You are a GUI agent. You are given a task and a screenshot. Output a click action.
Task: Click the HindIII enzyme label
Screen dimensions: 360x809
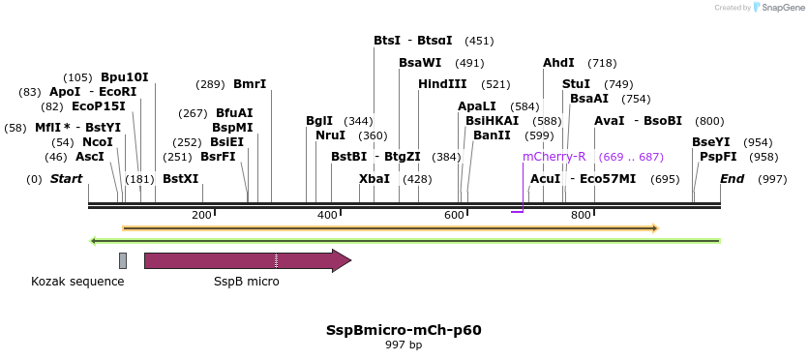coord(442,84)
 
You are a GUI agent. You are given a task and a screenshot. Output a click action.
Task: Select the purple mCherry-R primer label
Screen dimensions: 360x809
coord(554,157)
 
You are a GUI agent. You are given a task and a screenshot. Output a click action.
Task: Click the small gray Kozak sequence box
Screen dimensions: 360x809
coord(123,260)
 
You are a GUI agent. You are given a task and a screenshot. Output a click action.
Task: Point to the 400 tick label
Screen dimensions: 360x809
coord(327,215)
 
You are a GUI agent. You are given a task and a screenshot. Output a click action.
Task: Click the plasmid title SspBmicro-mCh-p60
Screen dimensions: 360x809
coord(404,330)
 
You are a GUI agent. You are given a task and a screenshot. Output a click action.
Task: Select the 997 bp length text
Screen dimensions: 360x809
coord(404,345)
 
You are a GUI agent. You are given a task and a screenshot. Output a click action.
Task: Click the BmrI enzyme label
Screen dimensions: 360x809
coord(250,84)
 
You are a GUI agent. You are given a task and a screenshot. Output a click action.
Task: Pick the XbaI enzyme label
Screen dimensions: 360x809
coord(375,179)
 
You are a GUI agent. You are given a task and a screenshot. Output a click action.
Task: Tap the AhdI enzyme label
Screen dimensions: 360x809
coord(558,63)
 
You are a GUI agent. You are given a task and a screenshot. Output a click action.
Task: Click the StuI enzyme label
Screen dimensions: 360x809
coord(576,84)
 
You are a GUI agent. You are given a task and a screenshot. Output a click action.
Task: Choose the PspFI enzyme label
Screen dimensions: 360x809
coord(718,157)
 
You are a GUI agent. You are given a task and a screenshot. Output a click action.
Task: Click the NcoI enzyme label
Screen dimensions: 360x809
coord(98,142)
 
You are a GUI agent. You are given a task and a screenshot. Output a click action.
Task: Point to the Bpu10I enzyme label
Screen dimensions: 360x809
coord(125,77)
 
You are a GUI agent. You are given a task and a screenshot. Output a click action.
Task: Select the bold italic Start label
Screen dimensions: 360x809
coord(66,179)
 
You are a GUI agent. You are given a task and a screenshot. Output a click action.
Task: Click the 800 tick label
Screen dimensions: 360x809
coord(581,215)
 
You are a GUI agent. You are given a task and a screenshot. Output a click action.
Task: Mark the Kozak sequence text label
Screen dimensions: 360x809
coord(77,282)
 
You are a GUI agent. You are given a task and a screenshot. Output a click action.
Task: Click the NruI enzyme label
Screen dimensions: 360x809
coord(330,135)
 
